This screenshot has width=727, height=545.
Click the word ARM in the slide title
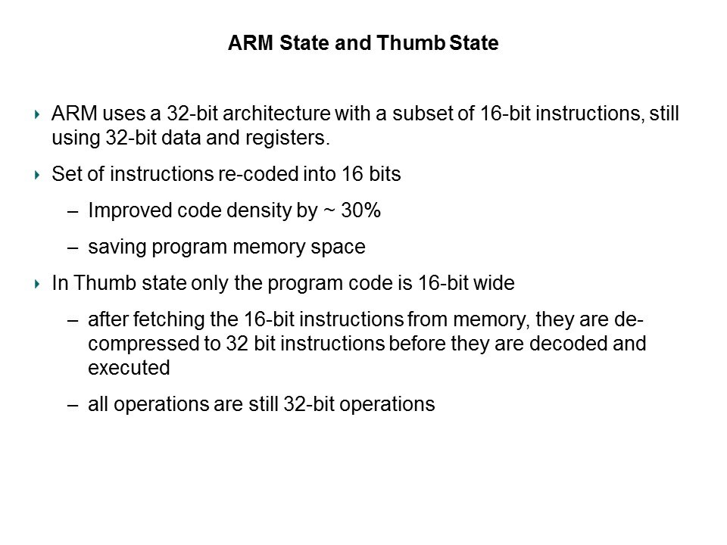(251, 42)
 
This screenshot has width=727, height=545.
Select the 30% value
(360, 210)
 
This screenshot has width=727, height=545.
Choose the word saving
(117, 248)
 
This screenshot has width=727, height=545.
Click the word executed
(129, 368)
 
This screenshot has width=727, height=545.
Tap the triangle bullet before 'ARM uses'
(38, 114)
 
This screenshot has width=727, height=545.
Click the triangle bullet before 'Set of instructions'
(38, 175)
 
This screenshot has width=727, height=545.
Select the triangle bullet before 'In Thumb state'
(38, 284)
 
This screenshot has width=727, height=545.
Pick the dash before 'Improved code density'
(73, 212)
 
